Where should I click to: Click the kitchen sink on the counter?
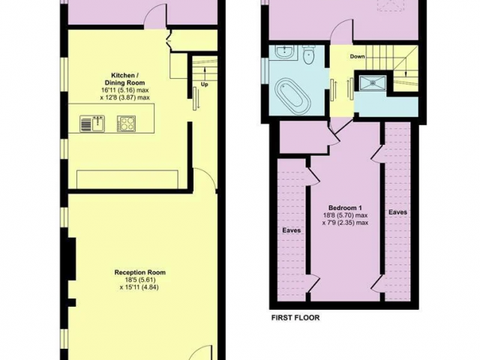point(92,124)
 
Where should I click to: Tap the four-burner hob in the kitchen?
point(126,124)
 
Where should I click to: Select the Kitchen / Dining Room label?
point(127,79)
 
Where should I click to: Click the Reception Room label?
point(140,272)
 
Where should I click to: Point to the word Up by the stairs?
point(205,85)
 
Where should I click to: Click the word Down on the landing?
point(357,56)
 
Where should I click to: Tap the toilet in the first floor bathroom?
point(307,55)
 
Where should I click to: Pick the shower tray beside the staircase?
point(372,82)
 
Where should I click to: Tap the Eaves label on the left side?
point(292,230)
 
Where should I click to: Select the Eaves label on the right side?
point(398,211)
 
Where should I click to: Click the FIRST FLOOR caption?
point(295,318)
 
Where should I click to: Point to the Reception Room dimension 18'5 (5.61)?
point(140,280)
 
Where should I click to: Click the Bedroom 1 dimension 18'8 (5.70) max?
point(345,215)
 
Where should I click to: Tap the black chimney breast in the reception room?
point(72,258)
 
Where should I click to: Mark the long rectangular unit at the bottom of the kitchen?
point(127,179)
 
